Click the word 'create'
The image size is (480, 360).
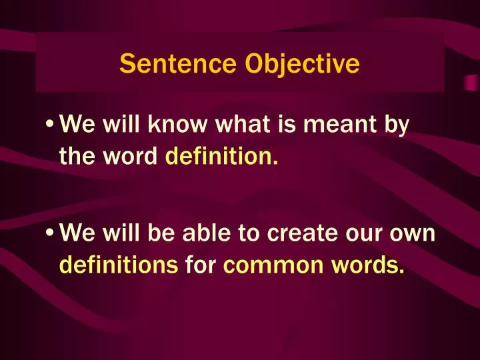pos(294,233)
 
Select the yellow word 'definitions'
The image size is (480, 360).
pos(119,267)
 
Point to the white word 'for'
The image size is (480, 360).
pos(201,267)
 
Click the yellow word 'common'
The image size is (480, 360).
pos(267,267)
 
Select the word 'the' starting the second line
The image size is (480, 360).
pos(77,158)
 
